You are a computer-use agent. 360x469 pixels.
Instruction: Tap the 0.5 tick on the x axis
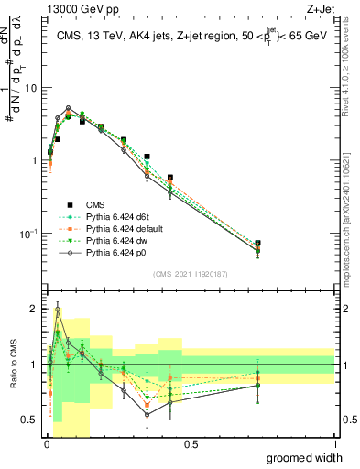coord(190,443)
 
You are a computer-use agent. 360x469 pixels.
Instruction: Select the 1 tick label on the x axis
coord(334,443)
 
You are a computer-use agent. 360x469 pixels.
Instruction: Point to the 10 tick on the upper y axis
coord(32,88)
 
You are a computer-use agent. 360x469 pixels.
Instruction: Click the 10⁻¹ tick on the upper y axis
coord(29,234)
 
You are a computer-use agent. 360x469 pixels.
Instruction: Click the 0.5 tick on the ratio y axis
coord(31,420)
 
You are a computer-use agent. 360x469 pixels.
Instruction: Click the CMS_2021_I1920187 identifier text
coord(190,274)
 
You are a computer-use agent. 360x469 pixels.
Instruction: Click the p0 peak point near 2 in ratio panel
coord(57,310)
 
